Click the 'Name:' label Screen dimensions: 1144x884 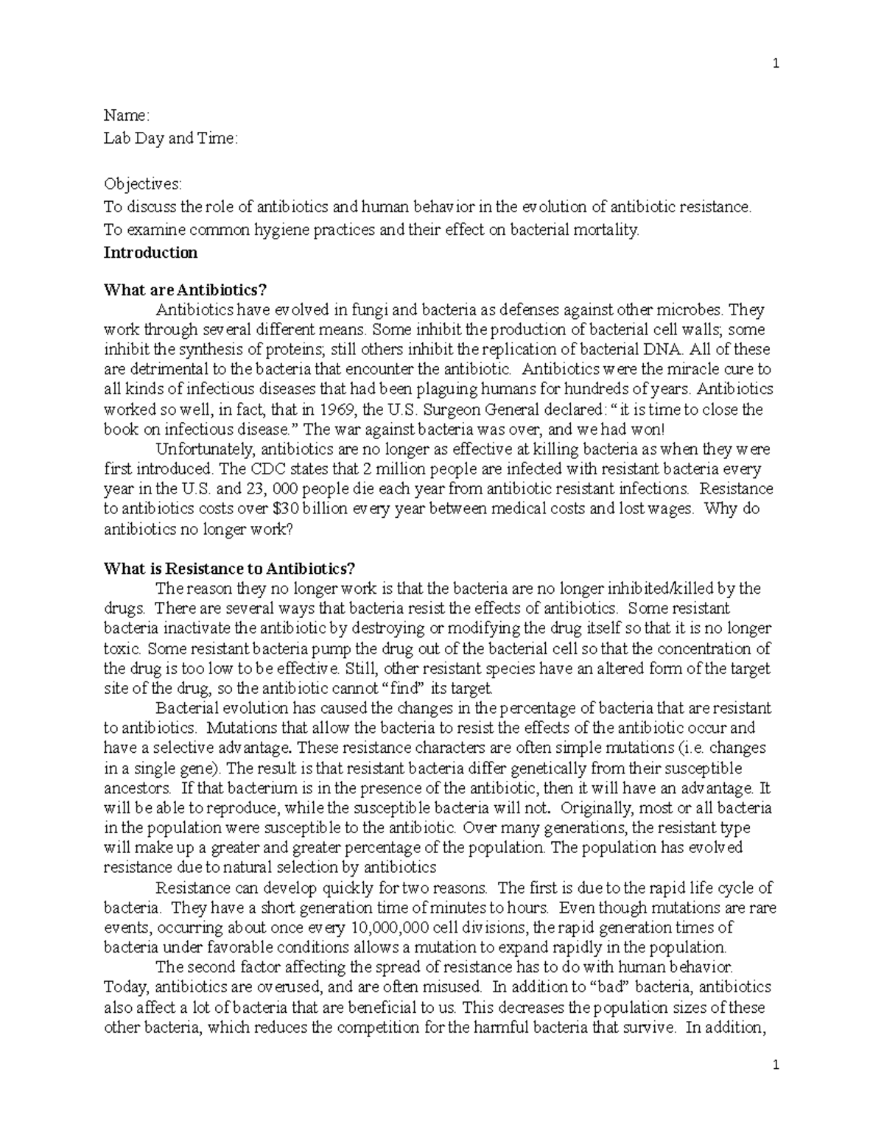(127, 116)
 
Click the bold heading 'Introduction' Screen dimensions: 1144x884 (150, 253)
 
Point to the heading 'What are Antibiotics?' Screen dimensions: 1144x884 (176, 290)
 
